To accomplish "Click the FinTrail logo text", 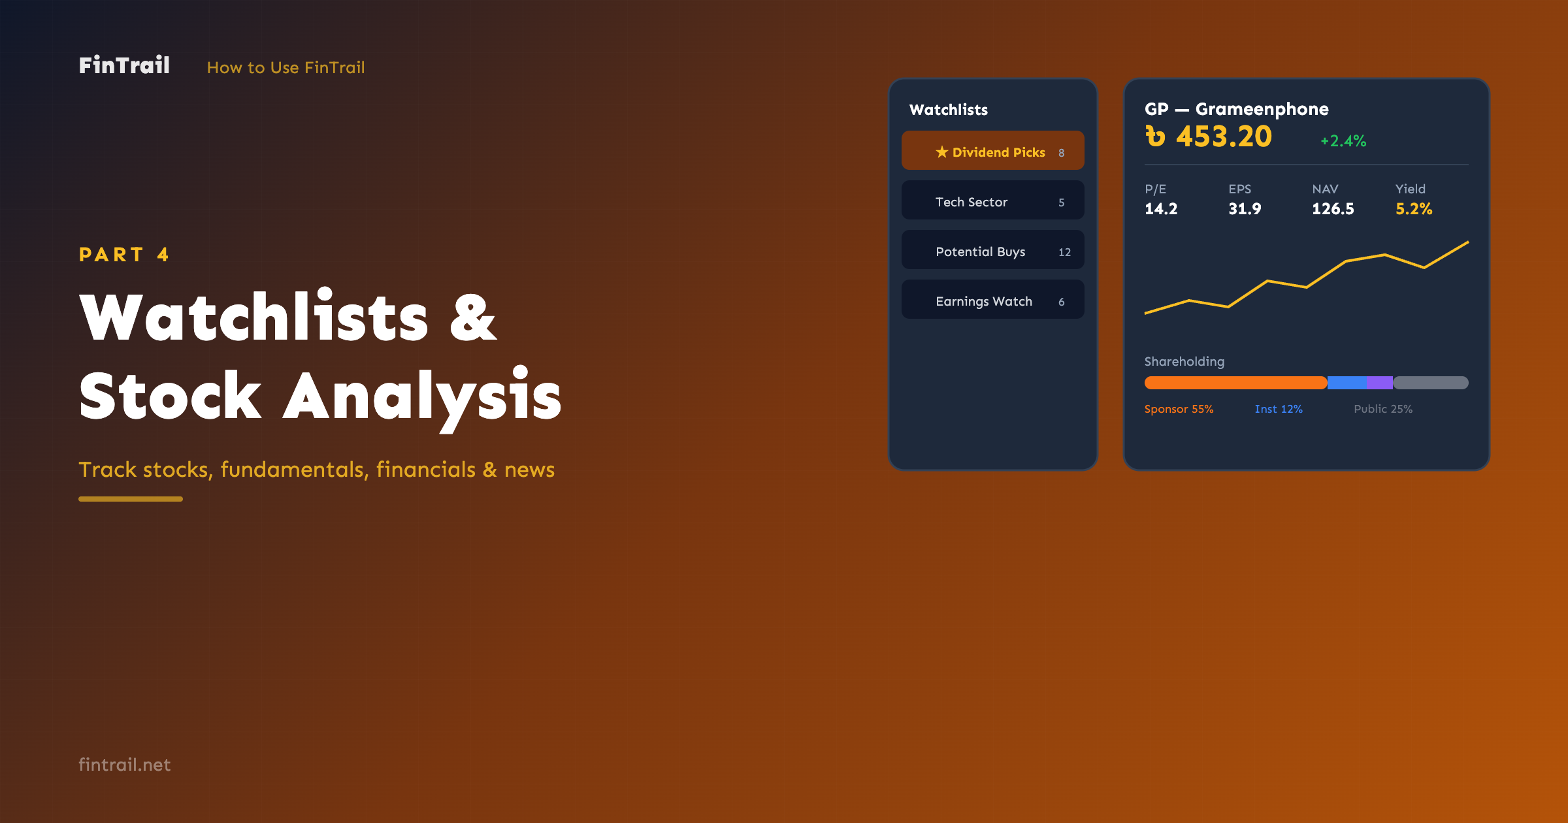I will pyautogui.click(x=124, y=65).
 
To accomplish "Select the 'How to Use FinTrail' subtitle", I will pyautogui.click(x=286, y=67).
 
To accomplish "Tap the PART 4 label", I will pyautogui.click(x=123, y=254).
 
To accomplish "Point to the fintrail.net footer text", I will pyautogui.click(x=124, y=764).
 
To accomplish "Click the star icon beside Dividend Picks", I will pyautogui.click(x=941, y=152).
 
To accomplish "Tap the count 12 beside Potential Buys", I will pyautogui.click(x=1064, y=252).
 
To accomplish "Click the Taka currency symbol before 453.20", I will pyautogui.click(x=1155, y=137).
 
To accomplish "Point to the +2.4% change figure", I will pyautogui.click(x=1343, y=140).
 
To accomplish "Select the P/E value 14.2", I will pyautogui.click(x=1161, y=209).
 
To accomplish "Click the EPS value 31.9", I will pyautogui.click(x=1245, y=209).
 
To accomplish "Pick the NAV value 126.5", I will pyautogui.click(x=1333, y=209).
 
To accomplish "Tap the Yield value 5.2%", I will pyautogui.click(x=1414, y=209).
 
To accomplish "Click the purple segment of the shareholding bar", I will pyautogui.click(x=1379, y=383).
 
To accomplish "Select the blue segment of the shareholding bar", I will pyautogui.click(x=1347, y=383).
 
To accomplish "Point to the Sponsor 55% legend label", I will pyautogui.click(x=1179, y=409).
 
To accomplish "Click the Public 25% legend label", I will pyautogui.click(x=1383, y=409).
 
